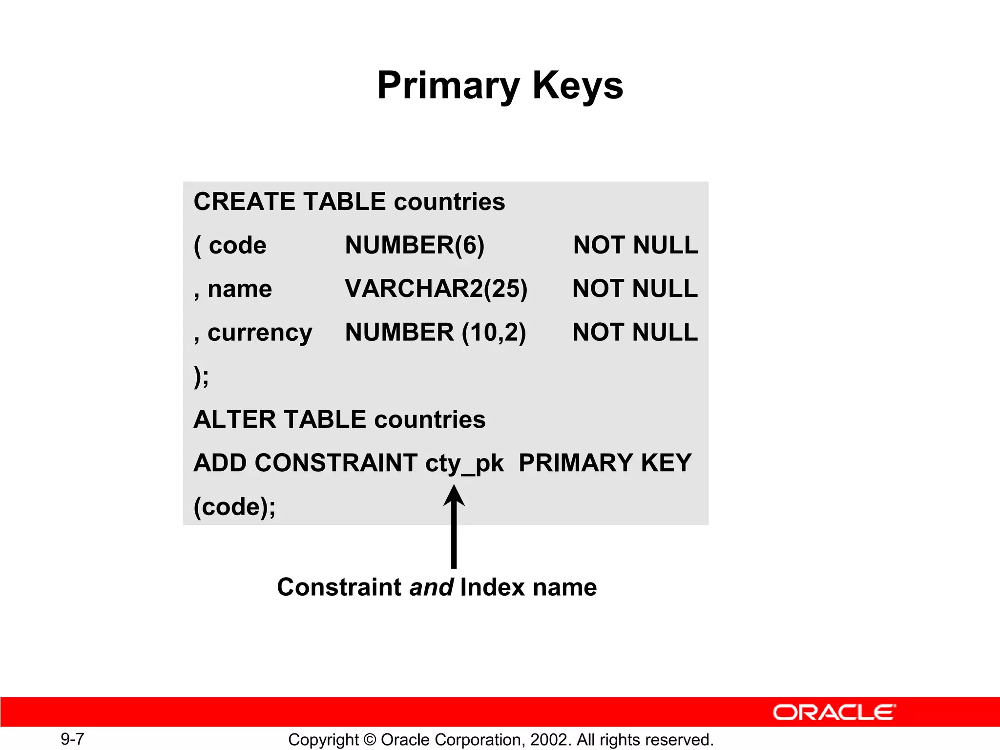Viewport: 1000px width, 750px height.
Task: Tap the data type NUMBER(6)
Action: click(415, 245)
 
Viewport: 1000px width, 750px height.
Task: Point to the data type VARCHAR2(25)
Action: click(436, 289)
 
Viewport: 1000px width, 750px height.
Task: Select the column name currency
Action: click(259, 333)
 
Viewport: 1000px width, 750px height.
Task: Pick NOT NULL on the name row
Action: click(635, 289)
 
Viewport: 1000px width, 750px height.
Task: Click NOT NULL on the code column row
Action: click(635, 245)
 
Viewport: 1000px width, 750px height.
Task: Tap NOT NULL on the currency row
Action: click(635, 332)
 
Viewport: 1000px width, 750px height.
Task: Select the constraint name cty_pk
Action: click(464, 463)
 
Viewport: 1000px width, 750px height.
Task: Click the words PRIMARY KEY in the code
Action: click(605, 463)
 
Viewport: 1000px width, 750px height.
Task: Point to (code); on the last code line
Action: click(234, 507)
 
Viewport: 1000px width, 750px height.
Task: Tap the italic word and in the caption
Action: click(431, 587)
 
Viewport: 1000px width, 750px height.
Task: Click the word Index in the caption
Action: click(493, 587)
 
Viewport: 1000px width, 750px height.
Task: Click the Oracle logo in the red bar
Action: click(834, 712)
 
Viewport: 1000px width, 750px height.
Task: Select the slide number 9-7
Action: click(72, 739)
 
